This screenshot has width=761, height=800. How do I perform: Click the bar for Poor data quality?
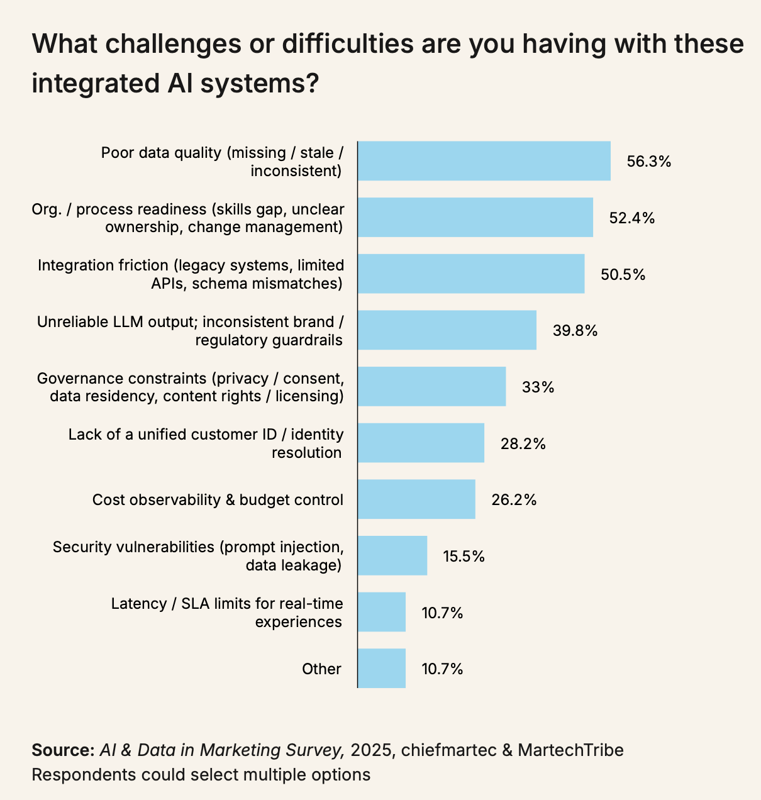[484, 161]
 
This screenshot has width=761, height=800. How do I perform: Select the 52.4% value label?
[632, 218]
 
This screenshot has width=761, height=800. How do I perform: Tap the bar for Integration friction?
[471, 274]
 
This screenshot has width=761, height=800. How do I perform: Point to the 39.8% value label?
[575, 330]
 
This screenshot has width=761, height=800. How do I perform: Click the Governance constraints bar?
[432, 387]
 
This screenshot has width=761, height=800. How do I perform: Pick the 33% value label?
[538, 387]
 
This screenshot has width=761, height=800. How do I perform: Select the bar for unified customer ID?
[421, 443]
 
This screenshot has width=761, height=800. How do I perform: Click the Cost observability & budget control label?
[218, 500]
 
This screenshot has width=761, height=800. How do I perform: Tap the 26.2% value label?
[514, 500]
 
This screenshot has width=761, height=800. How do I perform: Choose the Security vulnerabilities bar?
[392, 556]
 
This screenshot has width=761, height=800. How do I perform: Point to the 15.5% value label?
[464, 556]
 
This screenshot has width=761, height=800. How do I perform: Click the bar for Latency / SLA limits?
[382, 612]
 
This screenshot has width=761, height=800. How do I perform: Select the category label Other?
[321, 669]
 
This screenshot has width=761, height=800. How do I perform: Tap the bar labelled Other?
[382, 669]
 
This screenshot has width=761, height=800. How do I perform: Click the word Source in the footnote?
[62, 750]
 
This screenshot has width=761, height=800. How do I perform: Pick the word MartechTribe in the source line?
[570, 750]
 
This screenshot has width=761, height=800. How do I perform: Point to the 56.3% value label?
[649, 162]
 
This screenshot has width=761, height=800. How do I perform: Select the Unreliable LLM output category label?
[191, 331]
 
